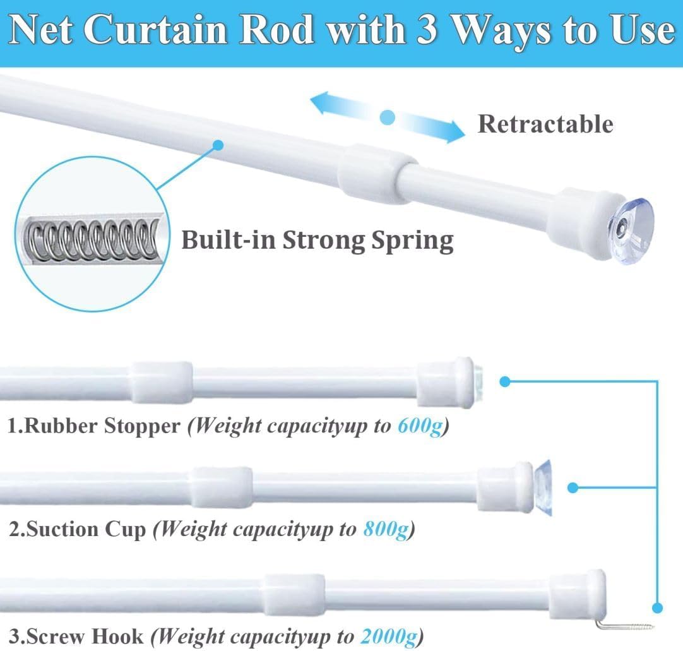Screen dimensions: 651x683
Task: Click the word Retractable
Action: pyautogui.click(x=545, y=124)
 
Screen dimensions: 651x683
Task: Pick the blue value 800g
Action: pyautogui.click(x=385, y=530)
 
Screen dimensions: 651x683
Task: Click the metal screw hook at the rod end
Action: pyautogui.click(x=625, y=625)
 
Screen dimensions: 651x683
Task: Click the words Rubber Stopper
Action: pyautogui.click(x=95, y=427)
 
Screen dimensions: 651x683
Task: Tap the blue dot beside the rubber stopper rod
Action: pyautogui.click(x=505, y=381)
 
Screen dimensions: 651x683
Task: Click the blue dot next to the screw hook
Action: pyautogui.click(x=657, y=608)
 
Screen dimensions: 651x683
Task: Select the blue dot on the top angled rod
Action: pyautogui.click(x=218, y=145)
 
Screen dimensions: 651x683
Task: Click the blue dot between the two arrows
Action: pyautogui.click(x=388, y=117)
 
